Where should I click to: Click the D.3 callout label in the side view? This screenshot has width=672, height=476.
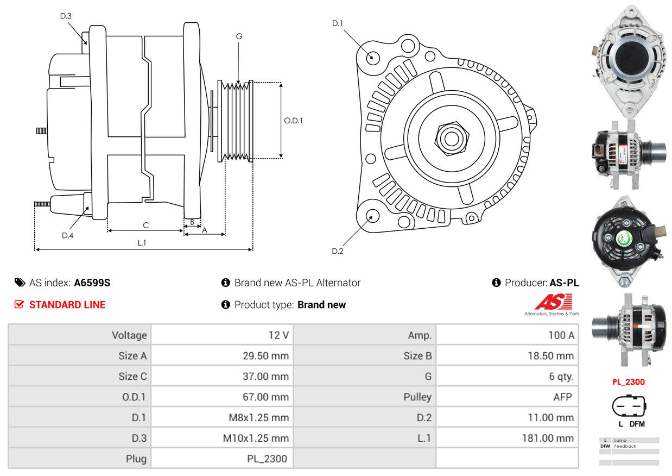pyautogui.click(x=66, y=16)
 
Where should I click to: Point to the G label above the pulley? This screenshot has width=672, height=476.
pyautogui.click(x=239, y=36)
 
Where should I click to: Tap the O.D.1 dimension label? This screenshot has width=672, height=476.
pyautogui.click(x=293, y=121)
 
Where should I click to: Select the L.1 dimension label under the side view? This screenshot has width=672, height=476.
pyautogui.click(x=142, y=243)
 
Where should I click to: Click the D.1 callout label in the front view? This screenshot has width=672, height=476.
pyautogui.click(x=337, y=23)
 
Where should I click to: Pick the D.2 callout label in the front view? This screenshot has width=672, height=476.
pyautogui.click(x=337, y=251)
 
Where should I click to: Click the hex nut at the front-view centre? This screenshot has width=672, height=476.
pyautogui.click(x=452, y=139)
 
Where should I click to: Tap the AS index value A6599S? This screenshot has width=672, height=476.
pyautogui.click(x=92, y=283)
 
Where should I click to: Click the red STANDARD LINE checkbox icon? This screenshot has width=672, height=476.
pyautogui.click(x=19, y=304)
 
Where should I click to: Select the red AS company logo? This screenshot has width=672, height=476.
pyautogui.click(x=554, y=302)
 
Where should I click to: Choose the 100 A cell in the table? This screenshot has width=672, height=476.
pyautogui.click(x=561, y=335)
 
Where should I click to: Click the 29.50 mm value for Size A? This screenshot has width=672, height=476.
pyautogui.click(x=265, y=355)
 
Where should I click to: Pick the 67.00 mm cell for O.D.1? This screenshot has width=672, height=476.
pyautogui.click(x=265, y=397)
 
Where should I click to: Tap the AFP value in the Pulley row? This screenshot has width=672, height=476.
pyautogui.click(x=563, y=397)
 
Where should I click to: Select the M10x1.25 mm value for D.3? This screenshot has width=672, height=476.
pyautogui.click(x=256, y=438)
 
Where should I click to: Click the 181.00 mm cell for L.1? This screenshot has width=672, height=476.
pyautogui.click(x=548, y=438)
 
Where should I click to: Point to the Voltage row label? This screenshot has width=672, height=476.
pyautogui.click(x=129, y=335)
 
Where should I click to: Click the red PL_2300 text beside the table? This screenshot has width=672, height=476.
pyautogui.click(x=629, y=381)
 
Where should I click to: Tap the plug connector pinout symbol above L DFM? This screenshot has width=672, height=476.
pyautogui.click(x=629, y=406)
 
